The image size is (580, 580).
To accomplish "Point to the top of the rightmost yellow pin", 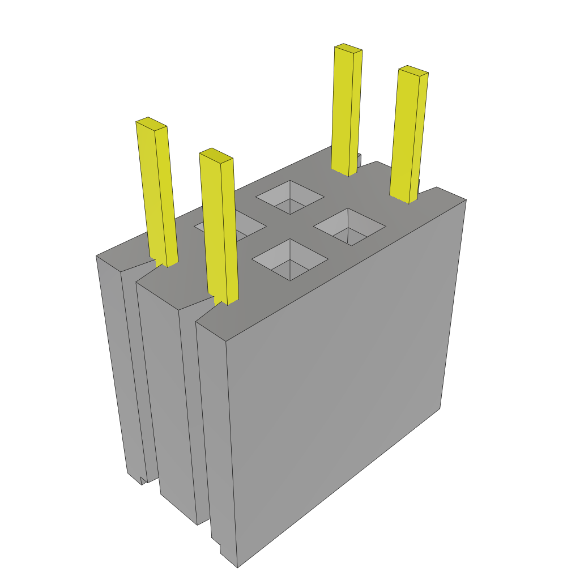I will click(413, 71).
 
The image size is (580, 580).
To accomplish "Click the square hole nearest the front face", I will click(289, 259).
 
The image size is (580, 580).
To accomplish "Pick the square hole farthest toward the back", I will click(289, 197).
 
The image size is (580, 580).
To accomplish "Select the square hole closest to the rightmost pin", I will click(350, 226).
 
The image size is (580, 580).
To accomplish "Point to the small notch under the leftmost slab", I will click(143, 480).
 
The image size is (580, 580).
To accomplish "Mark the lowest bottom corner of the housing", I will click(237, 567).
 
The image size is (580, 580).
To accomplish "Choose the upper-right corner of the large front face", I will click(466, 200).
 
